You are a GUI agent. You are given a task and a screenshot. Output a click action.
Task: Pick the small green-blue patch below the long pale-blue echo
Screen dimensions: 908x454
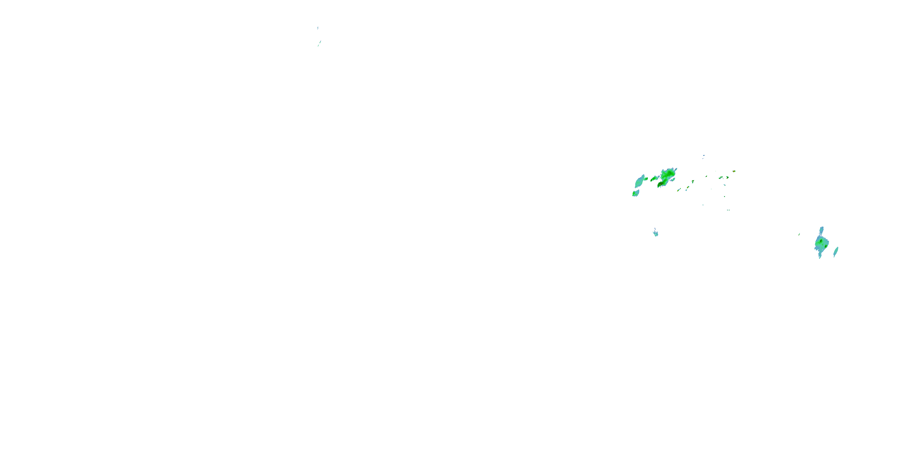point(636,193)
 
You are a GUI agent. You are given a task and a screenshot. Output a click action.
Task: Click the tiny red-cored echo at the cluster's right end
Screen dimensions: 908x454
point(734,171)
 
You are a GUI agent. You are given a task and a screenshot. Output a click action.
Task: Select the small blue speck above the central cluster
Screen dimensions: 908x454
point(704,156)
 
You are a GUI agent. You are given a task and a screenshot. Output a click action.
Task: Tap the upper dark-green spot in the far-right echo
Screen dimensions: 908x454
point(821,241)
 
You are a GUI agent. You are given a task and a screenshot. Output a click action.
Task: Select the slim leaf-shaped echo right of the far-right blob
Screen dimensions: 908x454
point(836,252)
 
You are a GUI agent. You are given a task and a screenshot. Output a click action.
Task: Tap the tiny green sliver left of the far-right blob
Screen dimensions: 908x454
point(799,234)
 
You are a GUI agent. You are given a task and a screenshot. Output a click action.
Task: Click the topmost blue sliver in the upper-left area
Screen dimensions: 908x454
point(317,28)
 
